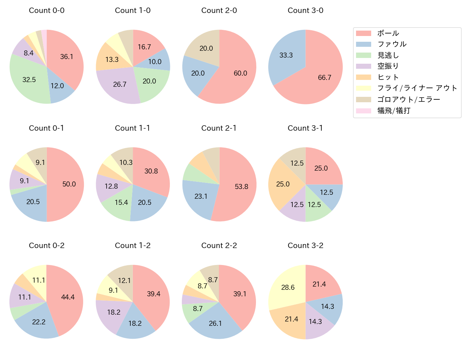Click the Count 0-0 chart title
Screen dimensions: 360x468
pos(46,10)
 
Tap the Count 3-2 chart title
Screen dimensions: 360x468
pos(305,246)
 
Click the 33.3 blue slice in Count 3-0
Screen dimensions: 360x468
pos(286,56)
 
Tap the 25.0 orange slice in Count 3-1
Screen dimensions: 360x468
pos(283,184)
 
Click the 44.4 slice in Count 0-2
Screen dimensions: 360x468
pos(67,297)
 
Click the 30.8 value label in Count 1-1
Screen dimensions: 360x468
pos(151,171)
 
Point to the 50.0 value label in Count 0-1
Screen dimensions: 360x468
pos(69,184)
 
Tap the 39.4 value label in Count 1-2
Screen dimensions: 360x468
pos(153,294)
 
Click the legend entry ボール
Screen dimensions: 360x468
pos(388,33)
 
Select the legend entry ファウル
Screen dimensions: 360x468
pos(392,44)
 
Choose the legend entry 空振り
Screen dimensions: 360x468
pos(388,66)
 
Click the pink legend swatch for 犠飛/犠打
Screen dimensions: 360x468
pos(363,111)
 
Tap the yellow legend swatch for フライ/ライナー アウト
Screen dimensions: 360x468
pos(363,88)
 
